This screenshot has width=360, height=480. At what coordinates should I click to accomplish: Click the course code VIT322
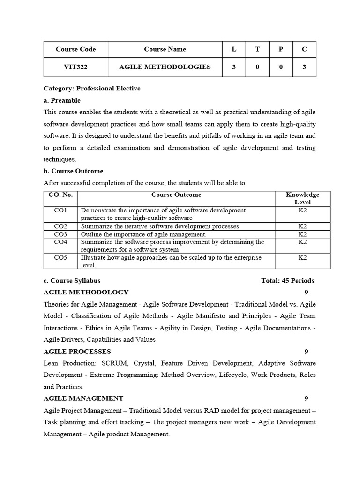(75, 67)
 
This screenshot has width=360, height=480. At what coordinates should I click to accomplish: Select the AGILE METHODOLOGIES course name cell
(165, 67)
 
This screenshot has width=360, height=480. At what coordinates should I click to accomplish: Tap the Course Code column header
(75, 49)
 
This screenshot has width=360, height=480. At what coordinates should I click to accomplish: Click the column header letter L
(234, 49)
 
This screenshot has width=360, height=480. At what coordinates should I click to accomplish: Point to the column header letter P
(281, 49)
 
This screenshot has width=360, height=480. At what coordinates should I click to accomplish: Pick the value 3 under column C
(304, 67)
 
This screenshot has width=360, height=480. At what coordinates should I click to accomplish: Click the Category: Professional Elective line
(92, 88)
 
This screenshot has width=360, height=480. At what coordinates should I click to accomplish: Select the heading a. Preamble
(62, 100)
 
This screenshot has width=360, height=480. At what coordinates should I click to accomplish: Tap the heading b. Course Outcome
(73, 171)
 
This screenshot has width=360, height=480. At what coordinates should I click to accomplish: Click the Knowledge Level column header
(302, 198)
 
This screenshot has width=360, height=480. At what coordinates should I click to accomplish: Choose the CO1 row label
(60, 210)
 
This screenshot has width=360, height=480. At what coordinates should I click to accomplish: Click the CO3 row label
(60, 234)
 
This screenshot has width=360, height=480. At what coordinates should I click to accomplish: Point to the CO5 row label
(60, 257)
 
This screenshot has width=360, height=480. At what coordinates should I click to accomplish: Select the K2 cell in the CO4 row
(302, 242)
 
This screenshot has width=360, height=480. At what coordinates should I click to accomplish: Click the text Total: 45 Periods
(287, 281)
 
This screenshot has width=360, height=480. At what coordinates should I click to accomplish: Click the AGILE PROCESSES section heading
(77, 351)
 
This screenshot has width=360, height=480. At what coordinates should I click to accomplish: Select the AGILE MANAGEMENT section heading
(83, 398)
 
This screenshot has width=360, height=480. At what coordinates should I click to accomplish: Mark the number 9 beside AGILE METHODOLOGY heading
(306, 292)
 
